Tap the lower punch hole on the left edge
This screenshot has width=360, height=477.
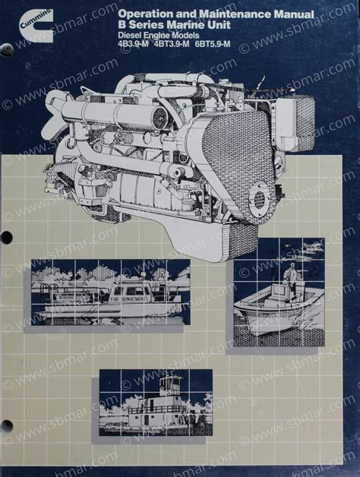coord(5,426)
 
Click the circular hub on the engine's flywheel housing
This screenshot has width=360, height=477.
coord(259,200)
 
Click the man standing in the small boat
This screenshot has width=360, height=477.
coord(289,280)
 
